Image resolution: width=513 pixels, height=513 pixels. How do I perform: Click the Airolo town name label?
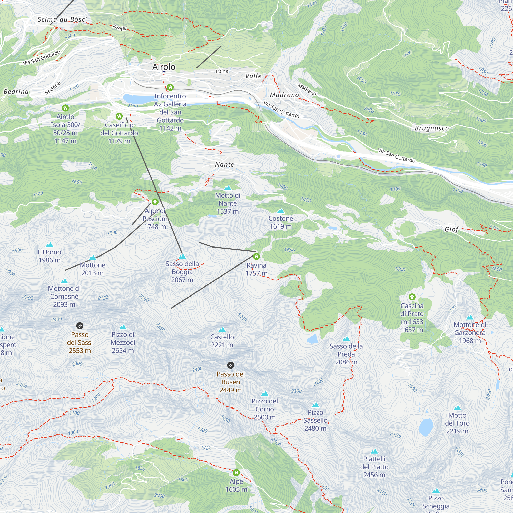[164, 67]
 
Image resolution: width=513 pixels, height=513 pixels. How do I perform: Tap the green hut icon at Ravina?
[256, 256]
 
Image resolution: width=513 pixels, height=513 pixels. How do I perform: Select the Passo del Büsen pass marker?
[231, 365]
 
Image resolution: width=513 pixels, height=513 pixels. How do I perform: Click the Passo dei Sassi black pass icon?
[80, 326]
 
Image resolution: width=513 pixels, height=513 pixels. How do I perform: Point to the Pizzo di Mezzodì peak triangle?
[123, 327]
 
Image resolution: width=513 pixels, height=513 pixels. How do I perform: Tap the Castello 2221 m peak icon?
[222, 330]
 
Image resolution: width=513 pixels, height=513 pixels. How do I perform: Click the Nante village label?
[224, 165]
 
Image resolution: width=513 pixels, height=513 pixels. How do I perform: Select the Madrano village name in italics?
[284, 95]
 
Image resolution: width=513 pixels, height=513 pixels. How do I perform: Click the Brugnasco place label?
[432, 128]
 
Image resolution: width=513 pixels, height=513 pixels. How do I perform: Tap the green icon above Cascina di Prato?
[412, 297]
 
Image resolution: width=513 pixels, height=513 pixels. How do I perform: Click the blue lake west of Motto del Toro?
[426, 427]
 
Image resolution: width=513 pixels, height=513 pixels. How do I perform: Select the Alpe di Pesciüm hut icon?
[155, 202]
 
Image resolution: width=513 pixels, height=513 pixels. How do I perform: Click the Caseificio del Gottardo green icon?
[119, 116]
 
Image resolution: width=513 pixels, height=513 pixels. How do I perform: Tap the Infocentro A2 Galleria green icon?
[170, 87]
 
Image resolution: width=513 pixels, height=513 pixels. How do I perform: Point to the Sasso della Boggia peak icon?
[182, 256]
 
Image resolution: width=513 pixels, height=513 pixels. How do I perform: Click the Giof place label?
[451, 229]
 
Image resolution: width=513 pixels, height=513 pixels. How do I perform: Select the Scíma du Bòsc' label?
[62, 19]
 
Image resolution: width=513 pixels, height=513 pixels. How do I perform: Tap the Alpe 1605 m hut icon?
[236, 473]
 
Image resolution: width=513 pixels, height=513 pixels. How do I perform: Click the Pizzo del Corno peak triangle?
[265, 394]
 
